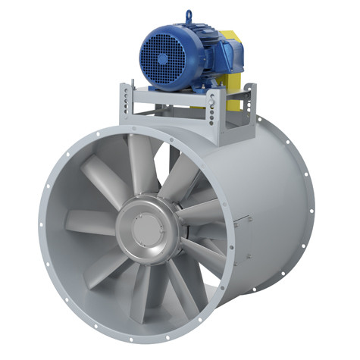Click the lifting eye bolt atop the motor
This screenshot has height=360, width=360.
tap(188, 16)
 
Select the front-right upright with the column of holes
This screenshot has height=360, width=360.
tap(216, 114)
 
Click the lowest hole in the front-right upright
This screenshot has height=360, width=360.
tap(216, 130)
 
